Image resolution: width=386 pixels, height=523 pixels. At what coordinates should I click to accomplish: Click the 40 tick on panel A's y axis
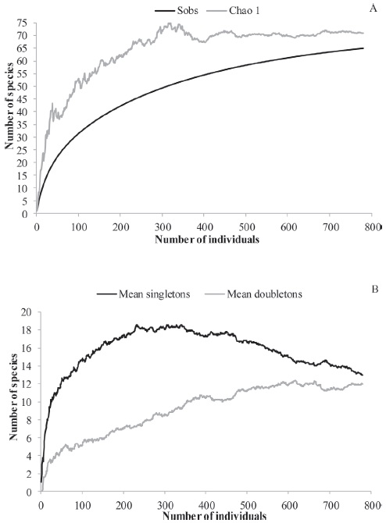click(26, 112)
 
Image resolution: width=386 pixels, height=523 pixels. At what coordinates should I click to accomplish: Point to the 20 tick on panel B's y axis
click(27, 312)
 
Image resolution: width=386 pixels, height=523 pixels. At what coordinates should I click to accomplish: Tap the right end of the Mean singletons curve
click(363, 375)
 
